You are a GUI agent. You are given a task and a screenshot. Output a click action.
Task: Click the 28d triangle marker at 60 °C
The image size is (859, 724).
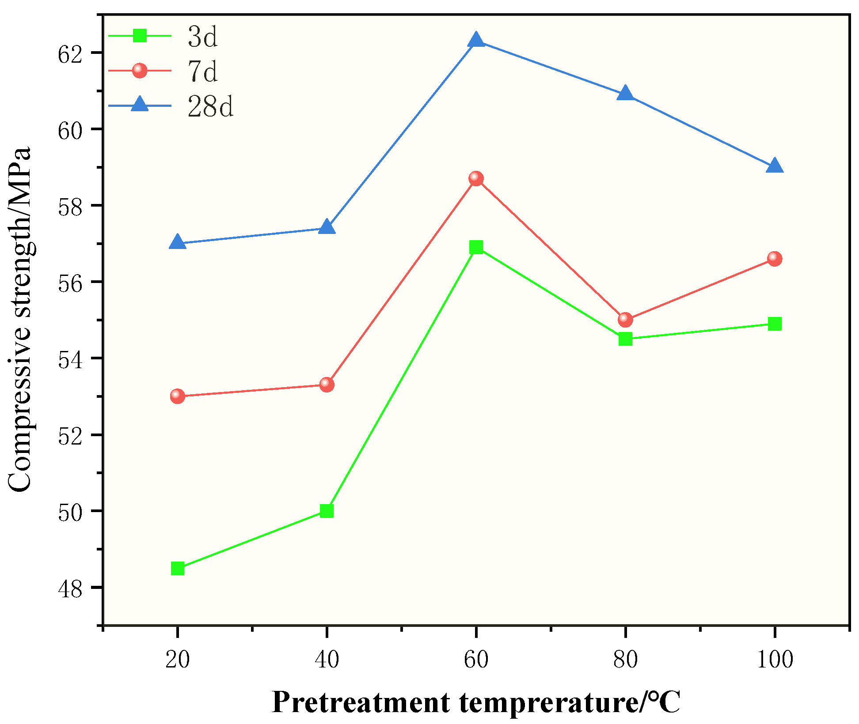(x=476, y=40)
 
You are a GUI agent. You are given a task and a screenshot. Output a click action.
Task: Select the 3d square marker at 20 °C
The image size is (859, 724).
(x=177, y=568)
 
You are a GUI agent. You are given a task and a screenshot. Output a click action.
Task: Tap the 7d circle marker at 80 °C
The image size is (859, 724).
(x=625, y=319)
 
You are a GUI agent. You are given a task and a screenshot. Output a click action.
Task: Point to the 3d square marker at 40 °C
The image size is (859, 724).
(x=327, y=511)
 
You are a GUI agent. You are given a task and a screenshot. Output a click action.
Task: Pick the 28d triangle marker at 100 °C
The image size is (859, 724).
(x=775, y=166)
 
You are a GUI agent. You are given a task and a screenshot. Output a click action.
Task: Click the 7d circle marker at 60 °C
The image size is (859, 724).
(x=476, y=178)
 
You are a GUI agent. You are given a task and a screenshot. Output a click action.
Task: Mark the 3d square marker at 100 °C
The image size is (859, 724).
(x=775, y=324)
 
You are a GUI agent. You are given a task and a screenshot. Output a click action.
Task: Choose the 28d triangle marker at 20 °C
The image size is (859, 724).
(x=177, y=242)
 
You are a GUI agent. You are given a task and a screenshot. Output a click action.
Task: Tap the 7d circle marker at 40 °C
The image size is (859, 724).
(x=327, y=384)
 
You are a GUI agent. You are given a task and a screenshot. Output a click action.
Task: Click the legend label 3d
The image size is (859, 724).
(x=203, y=36)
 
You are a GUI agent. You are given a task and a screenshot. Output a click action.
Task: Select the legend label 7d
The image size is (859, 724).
(x=203, y=71)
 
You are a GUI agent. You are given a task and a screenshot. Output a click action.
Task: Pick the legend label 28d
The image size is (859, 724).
(x=210, y=106)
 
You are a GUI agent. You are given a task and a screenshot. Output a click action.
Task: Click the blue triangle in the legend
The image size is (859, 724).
(x=140, y=104)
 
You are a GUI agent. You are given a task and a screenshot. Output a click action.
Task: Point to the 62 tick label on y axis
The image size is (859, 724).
(x=70, y=54)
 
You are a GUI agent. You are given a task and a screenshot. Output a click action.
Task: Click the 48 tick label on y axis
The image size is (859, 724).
(x=70, y=589)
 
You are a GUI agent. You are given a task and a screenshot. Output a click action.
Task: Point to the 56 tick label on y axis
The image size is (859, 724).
(x=70, y=283)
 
